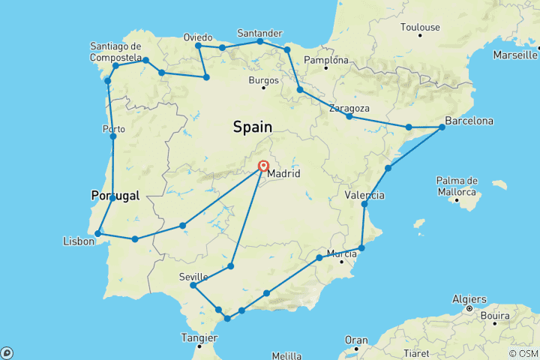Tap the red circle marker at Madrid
pyautogui.click(x=264, y=166)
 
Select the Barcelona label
pyautogui.click(x=469, y=121)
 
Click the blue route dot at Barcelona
pyautogui.click(x=442, y=127)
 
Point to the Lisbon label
pyautogui.click(x=79, y=241)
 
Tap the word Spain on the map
pyautogui.click(x=252, y=127)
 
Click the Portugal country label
pyautogui.click(x=115, y=196)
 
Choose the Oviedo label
pyautogui.click(x=198, y=37)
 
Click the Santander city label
pyautogui.click(x=259, y=33)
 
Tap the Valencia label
pyautogui.click(x=365, y=196)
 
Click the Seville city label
pyautogui.click(x=193, y=277)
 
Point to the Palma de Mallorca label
pyautogui.click(x=457, y=186)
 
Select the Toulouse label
pyautogui.click(x=420, y=28)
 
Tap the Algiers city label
pyautogui.click(x=469, y=299)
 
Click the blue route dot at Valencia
pyautogui.click(x=364, y=204)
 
